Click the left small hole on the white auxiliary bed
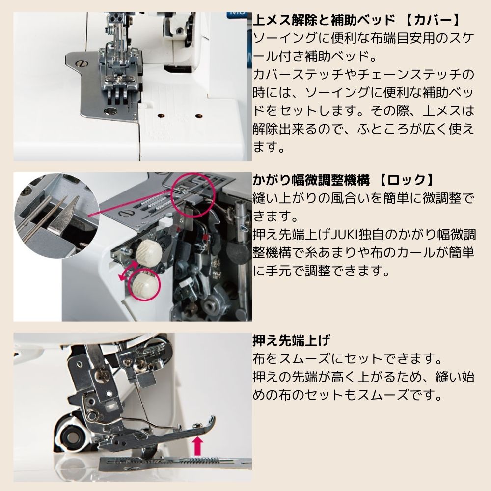click(160, 116)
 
